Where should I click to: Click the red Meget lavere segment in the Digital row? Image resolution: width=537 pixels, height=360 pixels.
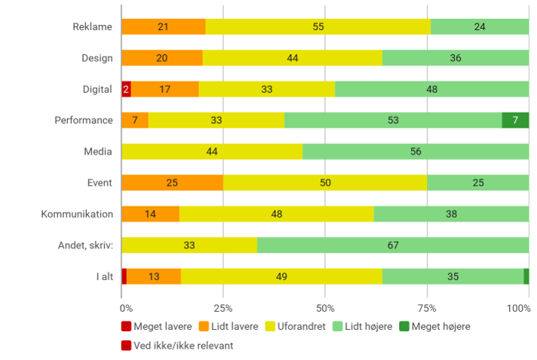(126, 89)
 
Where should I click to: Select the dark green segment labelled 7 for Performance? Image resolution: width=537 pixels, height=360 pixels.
(515, 120)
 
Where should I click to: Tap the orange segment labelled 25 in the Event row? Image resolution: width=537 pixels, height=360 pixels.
(172, 183)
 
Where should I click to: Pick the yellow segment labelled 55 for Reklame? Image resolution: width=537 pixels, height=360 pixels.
(318, 26)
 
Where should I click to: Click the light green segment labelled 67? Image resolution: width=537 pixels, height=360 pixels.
(393, 245)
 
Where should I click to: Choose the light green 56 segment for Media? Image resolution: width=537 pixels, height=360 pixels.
(416, 152)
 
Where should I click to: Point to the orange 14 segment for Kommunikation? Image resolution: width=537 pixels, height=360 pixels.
(150, 214)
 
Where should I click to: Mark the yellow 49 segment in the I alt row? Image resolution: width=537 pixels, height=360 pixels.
(281, 276)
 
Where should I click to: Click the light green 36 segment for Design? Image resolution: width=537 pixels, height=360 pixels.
(456, 58)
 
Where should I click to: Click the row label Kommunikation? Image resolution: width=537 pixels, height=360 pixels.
(77, 214)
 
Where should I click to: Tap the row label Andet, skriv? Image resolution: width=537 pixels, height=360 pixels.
(85, 245)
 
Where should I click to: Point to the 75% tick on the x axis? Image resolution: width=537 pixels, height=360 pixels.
(427, 308)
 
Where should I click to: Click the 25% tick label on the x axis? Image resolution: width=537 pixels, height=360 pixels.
(223, 308)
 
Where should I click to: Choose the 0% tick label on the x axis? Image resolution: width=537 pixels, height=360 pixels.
(126, 308)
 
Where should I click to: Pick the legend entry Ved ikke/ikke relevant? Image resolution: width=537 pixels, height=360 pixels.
(177, 345)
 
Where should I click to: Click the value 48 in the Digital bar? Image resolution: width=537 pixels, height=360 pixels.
(431, 89)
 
